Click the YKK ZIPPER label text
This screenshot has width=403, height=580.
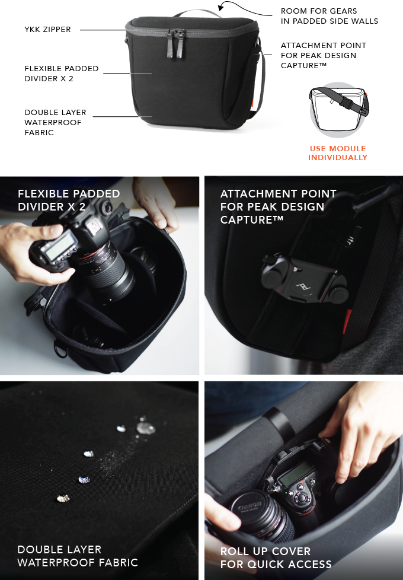[47, 29]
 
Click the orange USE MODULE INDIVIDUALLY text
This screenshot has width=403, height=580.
[338, 153]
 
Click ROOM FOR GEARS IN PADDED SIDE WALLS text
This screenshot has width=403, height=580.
[329, 16]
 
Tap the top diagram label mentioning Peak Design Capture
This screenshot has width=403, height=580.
[323, 55]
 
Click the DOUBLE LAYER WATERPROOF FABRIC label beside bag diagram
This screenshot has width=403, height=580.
[55, 122]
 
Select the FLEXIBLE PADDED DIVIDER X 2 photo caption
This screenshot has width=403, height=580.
[69, 199]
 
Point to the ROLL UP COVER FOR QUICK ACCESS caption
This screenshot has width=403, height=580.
[276, 557]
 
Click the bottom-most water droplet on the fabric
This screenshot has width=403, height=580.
[62, 498]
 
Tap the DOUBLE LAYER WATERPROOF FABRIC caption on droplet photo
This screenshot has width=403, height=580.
[78, 556]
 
